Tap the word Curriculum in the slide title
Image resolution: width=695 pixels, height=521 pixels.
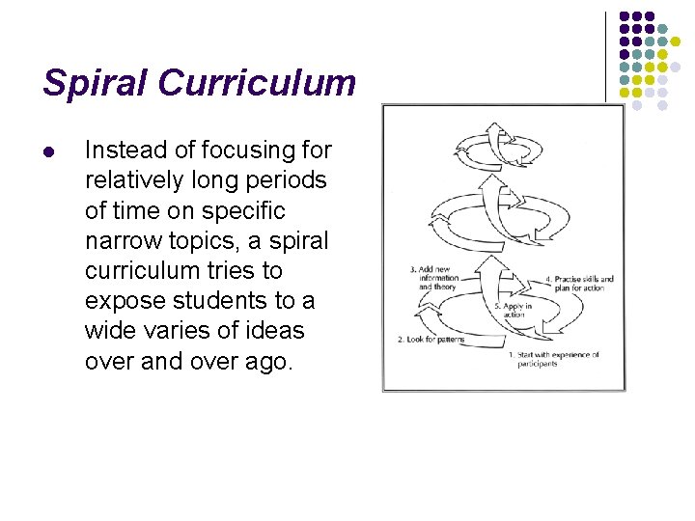258,83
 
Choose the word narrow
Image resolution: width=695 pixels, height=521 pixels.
122,239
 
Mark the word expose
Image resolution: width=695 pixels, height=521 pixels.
121,300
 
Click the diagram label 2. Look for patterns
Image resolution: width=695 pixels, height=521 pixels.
431,340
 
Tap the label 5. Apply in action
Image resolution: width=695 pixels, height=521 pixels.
514,309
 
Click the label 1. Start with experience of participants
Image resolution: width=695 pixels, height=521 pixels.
554,359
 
